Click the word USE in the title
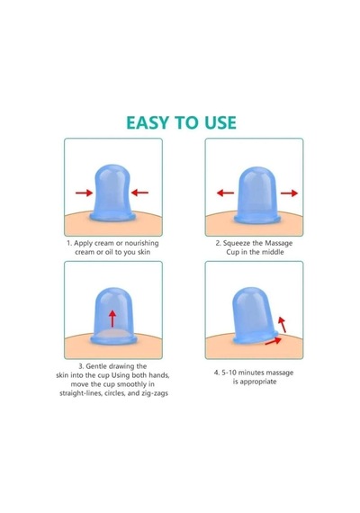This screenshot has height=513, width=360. click(x=220, y=122)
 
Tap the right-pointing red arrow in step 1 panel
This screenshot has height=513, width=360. click(x=84, y=193)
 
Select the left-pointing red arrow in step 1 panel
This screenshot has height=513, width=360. click(x=139, y=193)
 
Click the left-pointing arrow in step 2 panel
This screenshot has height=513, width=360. click(x=226, y=193)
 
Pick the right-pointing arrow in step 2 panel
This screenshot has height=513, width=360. click(x=289, y=193)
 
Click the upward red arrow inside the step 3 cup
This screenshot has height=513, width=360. click(x=112, y=319)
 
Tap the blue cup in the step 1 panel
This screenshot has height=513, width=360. click(x=112, y=193)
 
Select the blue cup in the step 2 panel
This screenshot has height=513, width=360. click(x=257, y=195)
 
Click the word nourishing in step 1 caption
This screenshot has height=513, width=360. click(x=141, y=243)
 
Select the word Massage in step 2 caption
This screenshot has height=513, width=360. click(x=278, y=243)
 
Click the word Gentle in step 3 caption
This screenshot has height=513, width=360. click(x=96, y=366)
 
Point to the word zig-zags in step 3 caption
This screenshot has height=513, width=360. click(x=155, y=393)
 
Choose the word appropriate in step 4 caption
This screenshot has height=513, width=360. click(x=259, y=382)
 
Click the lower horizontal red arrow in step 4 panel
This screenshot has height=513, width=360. click(x=274, y=341)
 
